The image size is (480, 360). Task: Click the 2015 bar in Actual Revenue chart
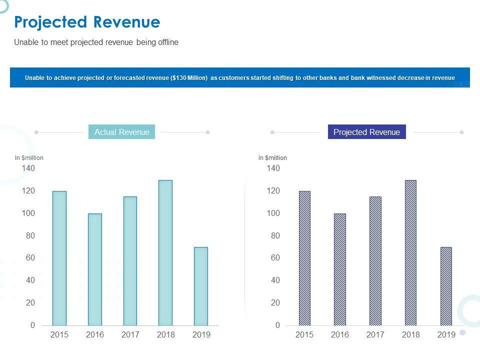tap(59, 258)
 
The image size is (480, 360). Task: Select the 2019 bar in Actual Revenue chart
tap(201, 286)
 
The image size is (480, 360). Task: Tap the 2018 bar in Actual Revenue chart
tap(165, 252)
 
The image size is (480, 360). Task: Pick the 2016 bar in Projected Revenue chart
tap(340, 269)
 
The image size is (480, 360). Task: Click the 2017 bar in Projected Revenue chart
tap(375, 261)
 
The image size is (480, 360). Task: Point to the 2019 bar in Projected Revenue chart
tap(446, 286)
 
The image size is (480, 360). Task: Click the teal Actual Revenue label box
tap(122, 132)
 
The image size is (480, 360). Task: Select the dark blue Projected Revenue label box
tap(366, 132)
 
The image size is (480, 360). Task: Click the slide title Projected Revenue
tap(87, 22)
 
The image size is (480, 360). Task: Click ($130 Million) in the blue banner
tap(189, 78)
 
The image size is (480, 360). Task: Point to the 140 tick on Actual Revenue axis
tap(28, 168)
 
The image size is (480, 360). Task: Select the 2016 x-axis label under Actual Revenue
tap(95, 335)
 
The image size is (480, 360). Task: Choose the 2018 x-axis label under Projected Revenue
tap(411, 335)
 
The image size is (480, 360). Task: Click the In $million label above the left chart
tap(29, 158)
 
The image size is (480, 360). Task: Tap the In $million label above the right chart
tap(272, 158)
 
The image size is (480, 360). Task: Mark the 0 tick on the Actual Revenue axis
tap(32, 325)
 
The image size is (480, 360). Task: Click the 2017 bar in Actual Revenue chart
tap(130, 261)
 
